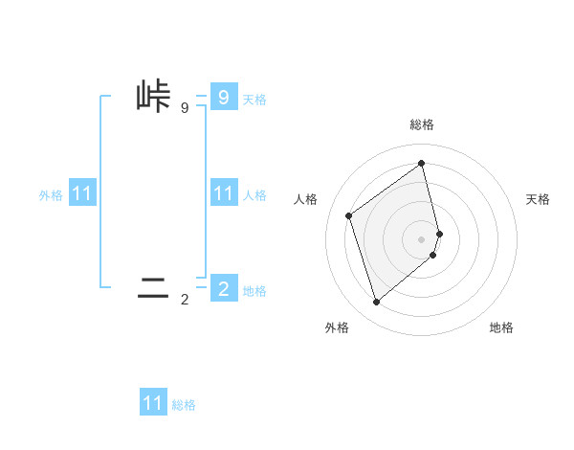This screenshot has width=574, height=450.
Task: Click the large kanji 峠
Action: coord(153,97)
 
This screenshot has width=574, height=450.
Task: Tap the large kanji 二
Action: coord(153,287)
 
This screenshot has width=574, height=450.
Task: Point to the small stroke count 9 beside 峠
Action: coord(185,108)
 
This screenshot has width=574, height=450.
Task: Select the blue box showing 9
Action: coord(223,97)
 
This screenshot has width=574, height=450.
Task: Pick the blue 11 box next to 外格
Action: coord(82,193)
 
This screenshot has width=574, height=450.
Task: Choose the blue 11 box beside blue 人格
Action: coord(223,193)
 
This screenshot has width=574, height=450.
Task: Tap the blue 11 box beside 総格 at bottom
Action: coord(153,403)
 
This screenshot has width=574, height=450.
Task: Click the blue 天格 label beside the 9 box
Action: coord(254,100)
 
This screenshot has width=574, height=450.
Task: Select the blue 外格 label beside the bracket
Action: coord(51,195)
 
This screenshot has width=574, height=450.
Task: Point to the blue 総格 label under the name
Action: coord(184,405)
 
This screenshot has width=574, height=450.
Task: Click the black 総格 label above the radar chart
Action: coord(422,124)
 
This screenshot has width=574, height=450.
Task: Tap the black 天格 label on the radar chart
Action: coord(539,199)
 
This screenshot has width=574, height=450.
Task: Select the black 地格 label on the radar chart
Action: coord(501,327)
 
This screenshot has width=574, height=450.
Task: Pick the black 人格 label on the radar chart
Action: coord(306,199)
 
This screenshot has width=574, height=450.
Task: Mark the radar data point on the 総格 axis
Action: coord(422,163)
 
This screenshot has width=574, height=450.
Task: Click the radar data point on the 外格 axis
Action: coord(376,303)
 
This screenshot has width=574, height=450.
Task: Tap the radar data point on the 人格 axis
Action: coord(349,215)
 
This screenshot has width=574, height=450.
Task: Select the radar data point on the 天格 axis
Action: coord(439,233)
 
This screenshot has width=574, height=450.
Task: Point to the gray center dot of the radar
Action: coord(422,238)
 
